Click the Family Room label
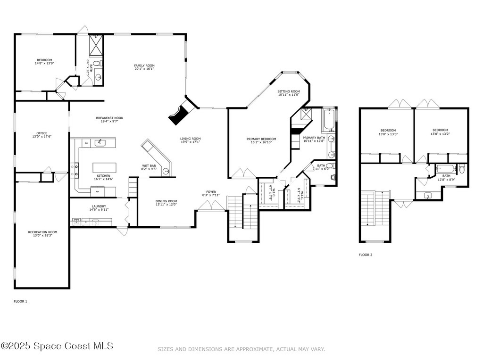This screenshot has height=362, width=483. pyautogui.click(x=144, y=66)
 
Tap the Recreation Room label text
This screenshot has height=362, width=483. pyautogui.click(x=42, y=232)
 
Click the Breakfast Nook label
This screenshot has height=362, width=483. pyautogui.click(x=109, y=118)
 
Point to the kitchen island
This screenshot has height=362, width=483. pyautogui.click(x=104, y=168)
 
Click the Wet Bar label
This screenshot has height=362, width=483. pyautogui.click(x=149, y=166)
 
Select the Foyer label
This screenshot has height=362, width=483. pyautogui.click(x=211, y=192)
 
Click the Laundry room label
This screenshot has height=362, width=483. pyautogui.click(x=99, y=206)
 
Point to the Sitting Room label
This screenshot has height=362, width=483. pyautogui.click(x=289, y=91)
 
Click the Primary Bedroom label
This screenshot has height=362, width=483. pyautogui.click(x=261, y=139)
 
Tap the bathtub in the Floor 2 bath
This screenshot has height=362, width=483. pyautogui.click(x=445, y=168)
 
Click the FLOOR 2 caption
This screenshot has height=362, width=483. pyautogui.click(x=365, y=255)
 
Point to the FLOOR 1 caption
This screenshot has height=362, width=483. pyautogui.click(x=20, y=301)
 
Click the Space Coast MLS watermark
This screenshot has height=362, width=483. pyautogui.click(x=57, y=346)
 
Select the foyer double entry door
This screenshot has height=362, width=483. pyautogui.click(x=211, y=206)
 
